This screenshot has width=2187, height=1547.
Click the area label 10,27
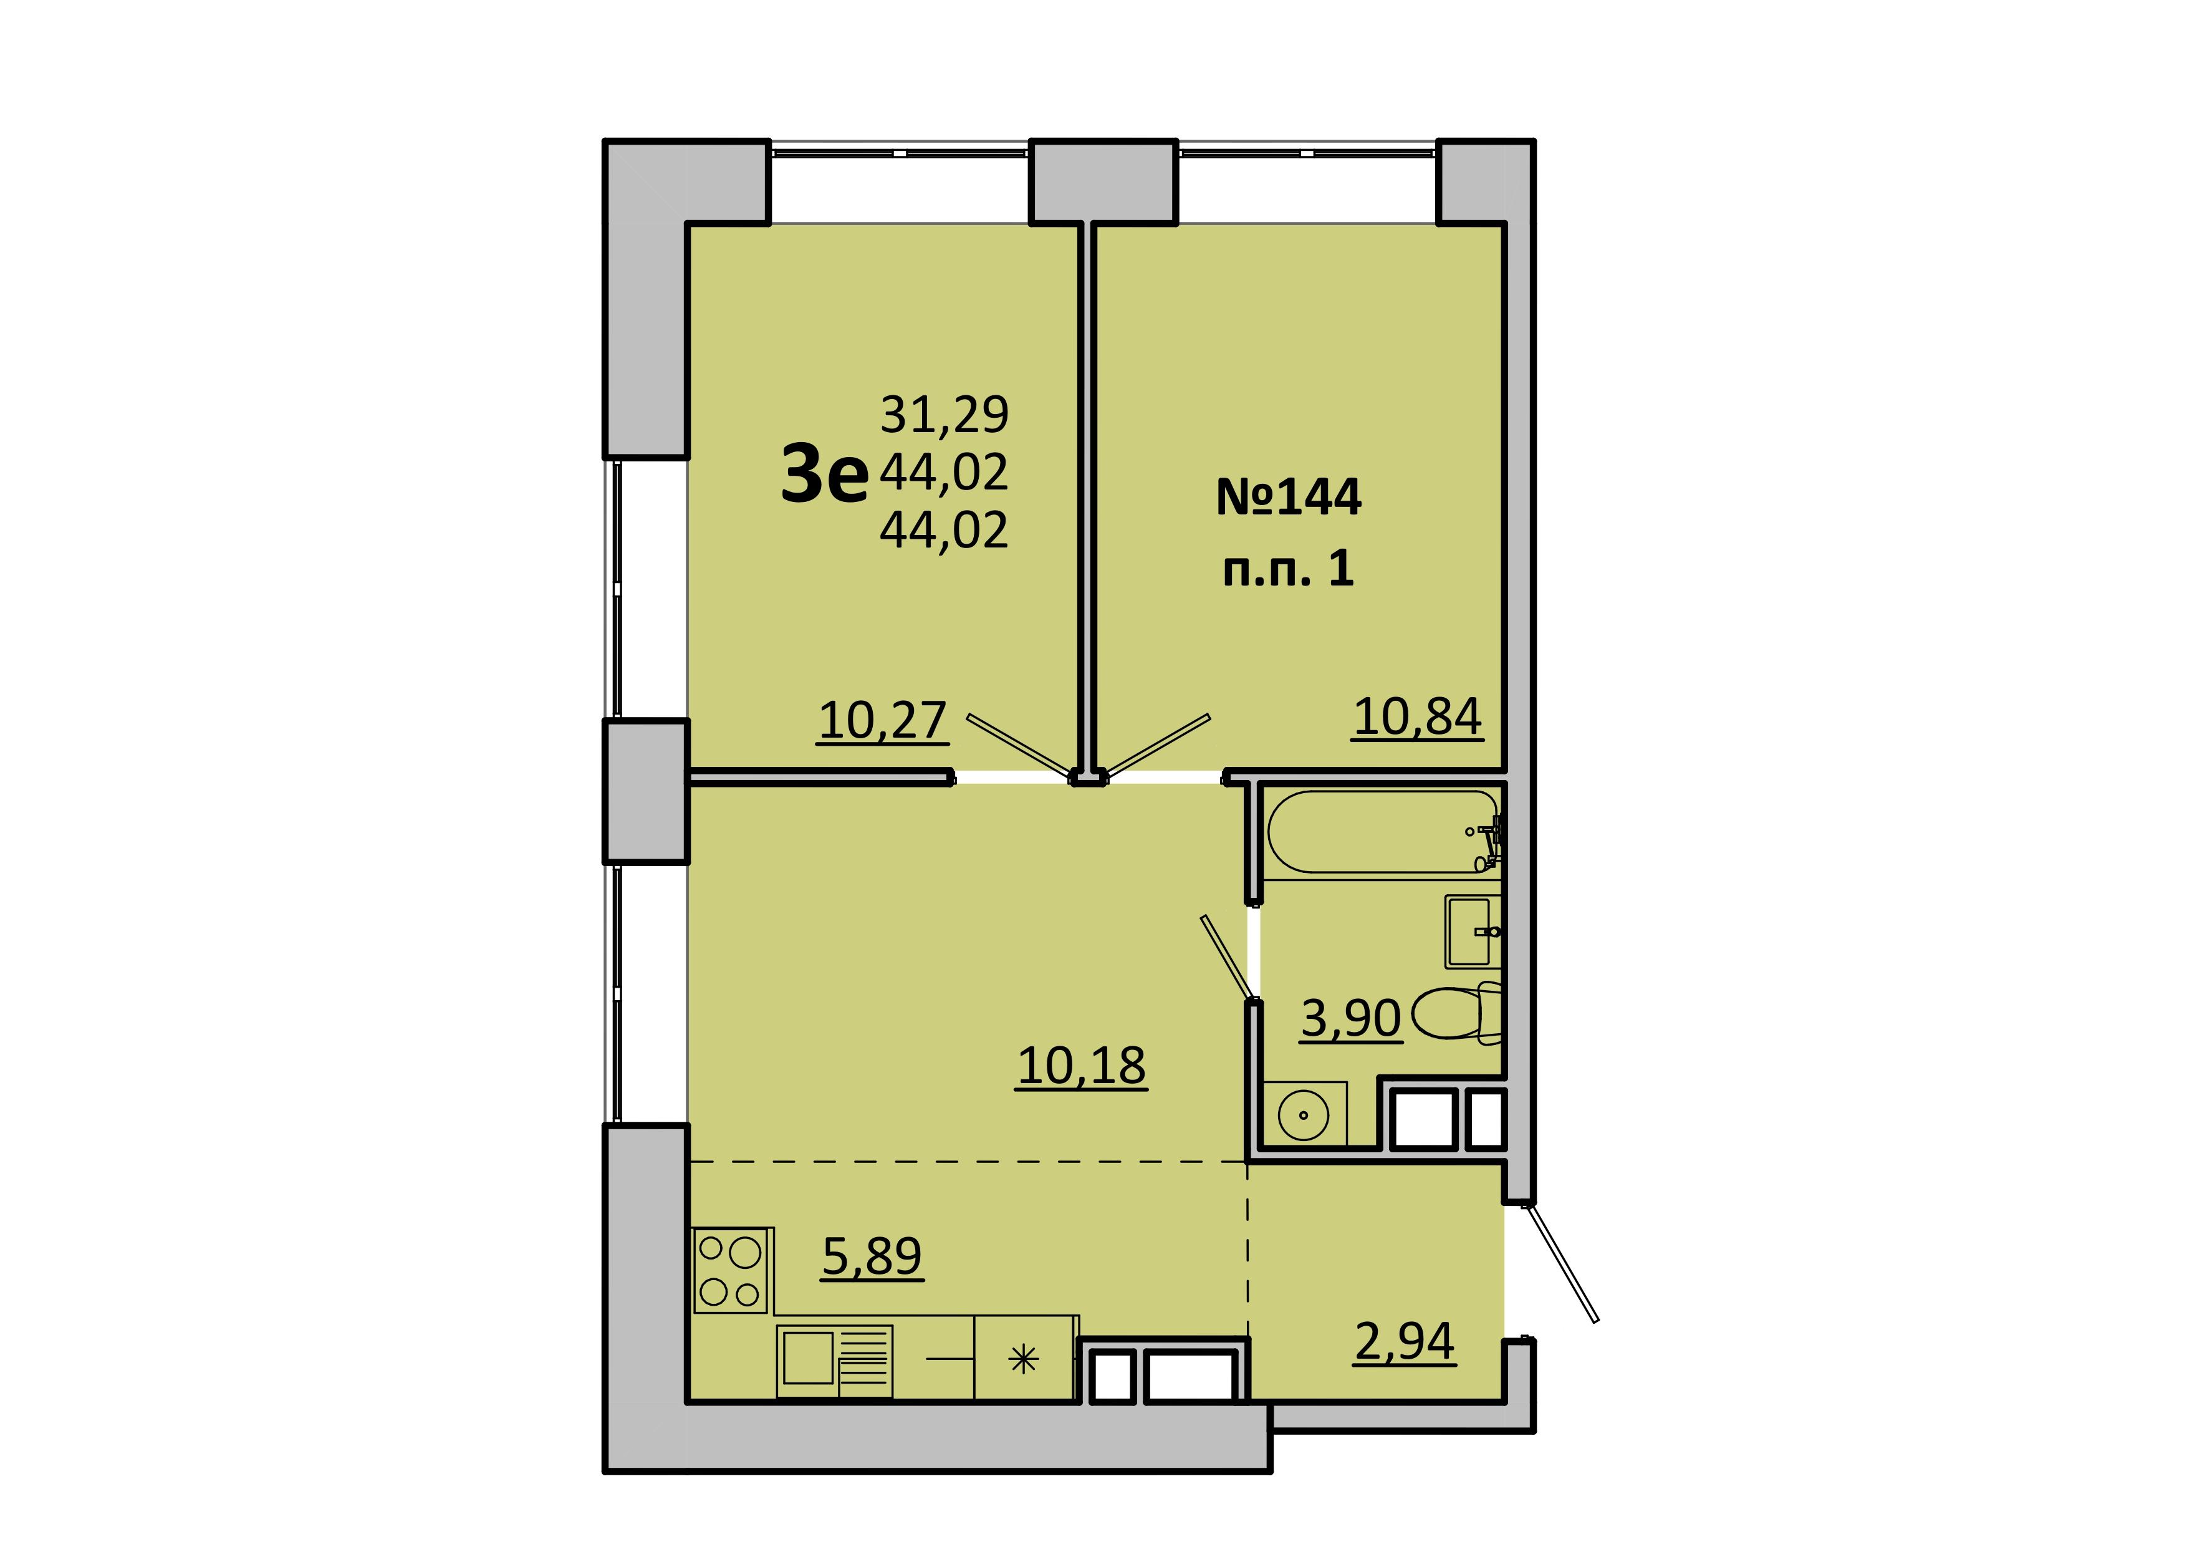click(882, 721)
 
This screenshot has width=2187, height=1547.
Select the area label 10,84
click(1417, 717)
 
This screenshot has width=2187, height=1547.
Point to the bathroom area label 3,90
click(1351, 1018)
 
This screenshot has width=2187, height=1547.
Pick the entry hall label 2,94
click(1405, 1342)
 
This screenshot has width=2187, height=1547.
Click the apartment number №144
click(1289, 497)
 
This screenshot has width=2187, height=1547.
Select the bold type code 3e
click(825, 475)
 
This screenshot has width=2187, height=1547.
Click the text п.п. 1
click(1288, 569)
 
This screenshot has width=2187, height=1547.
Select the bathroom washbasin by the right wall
click(1473, 931)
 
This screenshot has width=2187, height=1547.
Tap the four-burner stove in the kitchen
click(731, 1270)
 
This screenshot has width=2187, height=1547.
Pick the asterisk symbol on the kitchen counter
click(1023, 1359)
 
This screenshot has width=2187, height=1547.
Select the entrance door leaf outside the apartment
click(1561, 1263)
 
